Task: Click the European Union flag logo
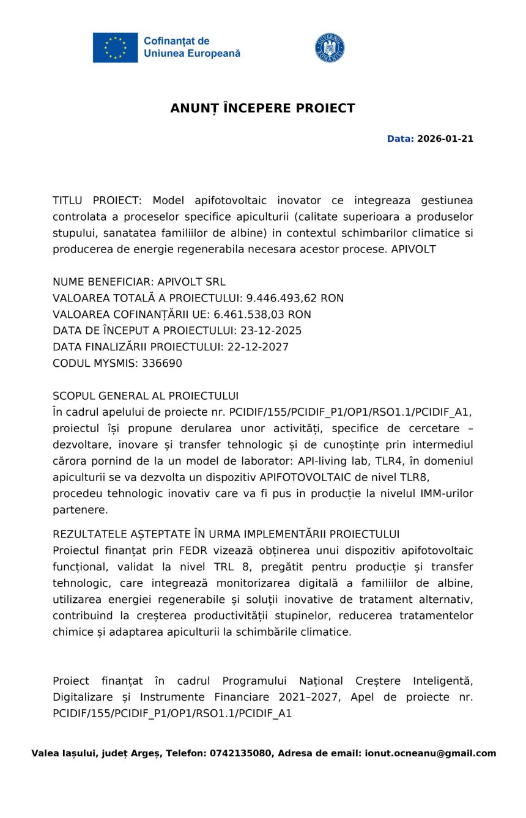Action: tap(115, 48)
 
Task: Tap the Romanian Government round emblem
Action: tap(330, 48)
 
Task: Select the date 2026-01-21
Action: tap(445, 139)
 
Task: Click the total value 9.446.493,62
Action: tap(282, 298)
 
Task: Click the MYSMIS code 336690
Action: tap(162, 363)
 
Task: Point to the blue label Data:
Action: tap(400, 139)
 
